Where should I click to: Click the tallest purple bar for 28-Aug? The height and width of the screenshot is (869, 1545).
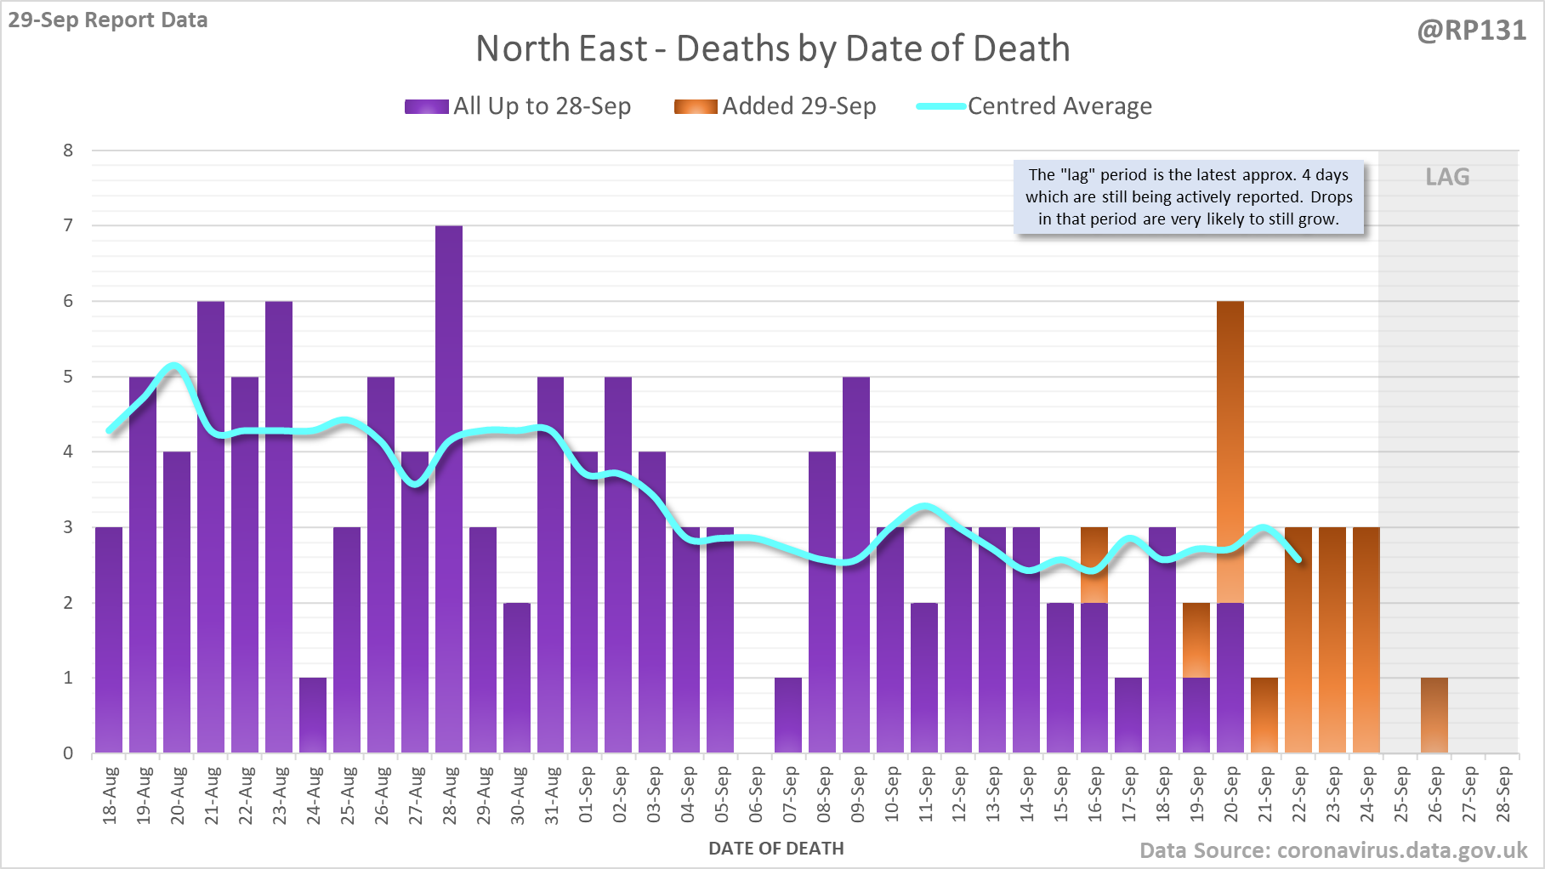point(448,489)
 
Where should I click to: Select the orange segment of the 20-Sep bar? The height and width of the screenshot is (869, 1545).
point(1230,452)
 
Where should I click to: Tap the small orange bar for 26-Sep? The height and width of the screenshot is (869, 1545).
point(1434,715)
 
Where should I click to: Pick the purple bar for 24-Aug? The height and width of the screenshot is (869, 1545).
point(313,715)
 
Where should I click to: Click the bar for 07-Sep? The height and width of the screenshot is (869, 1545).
point(788,715)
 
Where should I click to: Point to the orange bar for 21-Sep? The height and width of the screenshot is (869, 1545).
point(1264,715)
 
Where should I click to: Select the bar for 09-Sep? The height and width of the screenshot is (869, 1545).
point(856,565)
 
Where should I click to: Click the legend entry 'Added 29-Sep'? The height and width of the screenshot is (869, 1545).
point(775,106)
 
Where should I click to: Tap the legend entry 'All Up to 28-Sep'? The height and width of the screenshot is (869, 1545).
point(518,106)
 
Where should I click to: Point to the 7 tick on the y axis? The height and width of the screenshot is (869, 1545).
point(68,225)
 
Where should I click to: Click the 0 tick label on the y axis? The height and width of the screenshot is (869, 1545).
point(68,753)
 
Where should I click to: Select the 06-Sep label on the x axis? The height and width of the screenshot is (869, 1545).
point(756,794)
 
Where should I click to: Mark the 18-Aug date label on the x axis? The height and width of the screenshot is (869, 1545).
point(110,794)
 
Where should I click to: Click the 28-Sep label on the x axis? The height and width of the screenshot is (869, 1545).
point(1503,794)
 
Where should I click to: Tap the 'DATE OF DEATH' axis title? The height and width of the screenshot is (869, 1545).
point(775,849)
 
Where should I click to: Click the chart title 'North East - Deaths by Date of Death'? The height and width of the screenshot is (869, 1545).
point(772,48)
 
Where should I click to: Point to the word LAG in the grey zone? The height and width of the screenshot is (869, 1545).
point(1447,177)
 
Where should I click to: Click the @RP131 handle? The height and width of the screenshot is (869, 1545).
point(1471,31)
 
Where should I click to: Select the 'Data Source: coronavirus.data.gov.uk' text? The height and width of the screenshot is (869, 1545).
point(1332,850)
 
